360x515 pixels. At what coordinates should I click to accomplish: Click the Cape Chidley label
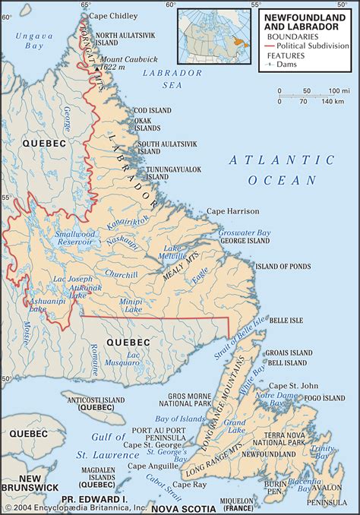(x=114, y=15)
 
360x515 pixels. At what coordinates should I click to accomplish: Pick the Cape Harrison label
(x=233, y=210)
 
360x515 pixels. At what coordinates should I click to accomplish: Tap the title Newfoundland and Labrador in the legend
(x=305, y=19)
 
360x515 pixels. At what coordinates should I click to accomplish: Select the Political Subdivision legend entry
(x=314, y=45)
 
